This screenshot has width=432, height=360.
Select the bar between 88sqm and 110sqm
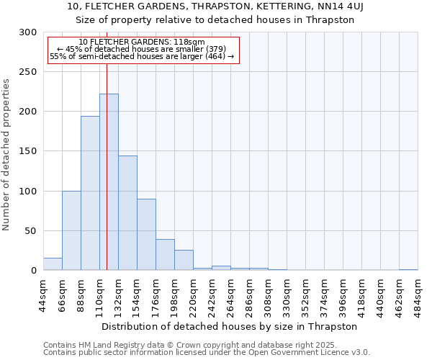pyautogui.click(x=90, y=193)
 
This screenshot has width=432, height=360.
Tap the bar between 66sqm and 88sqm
pyautogui.click(x=71, y=230)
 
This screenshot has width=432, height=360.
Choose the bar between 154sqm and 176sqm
pyautogui.click(x=146, y=235)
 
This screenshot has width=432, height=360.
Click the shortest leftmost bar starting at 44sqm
pyautogui.click(x=53, y=264)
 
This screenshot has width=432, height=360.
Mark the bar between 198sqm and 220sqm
pyautogui.click(x=184, y=260)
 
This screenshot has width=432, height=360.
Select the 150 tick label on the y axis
pyautogui.click(x=29, y=151)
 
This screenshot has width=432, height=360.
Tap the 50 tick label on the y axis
pyautogui.click(x=31, y=231)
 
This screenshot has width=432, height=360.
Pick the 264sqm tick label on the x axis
pyautogui.click(x=230, y=294)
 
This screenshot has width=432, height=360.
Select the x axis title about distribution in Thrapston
pyautogui.click(x=230, y=326)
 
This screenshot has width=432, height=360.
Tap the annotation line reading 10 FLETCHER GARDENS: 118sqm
pyautogui.click(x=141, y=42)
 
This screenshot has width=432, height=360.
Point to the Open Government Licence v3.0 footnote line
pyautogui.click(x=207, y=352)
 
